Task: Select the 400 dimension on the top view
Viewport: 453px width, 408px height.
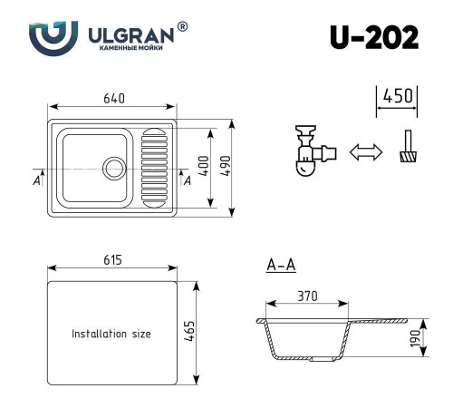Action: [x=205, y=165]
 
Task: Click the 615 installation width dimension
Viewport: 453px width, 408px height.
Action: [x=112, y=260]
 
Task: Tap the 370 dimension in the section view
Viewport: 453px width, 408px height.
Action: [x=309, y=296]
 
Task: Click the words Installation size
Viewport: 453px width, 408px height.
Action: [x=111, y=334]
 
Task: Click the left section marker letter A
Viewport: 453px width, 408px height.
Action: [x=36, y=180]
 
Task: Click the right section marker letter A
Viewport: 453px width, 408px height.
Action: [x=187, y=180]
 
